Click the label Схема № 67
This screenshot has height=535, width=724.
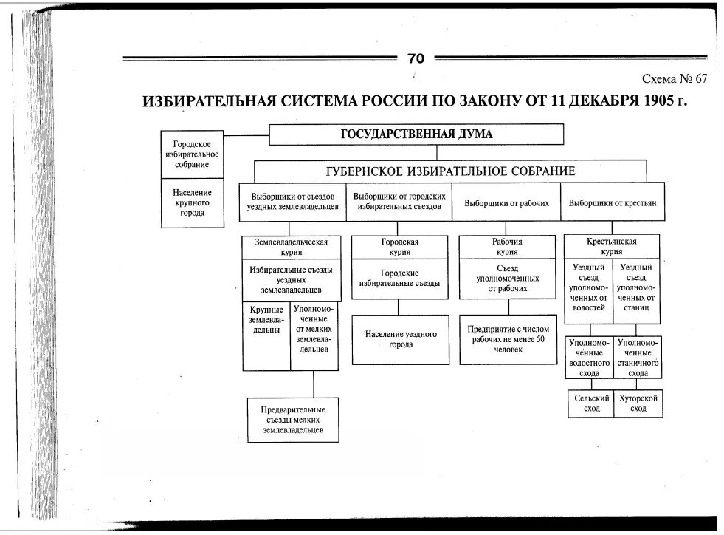(675, 79)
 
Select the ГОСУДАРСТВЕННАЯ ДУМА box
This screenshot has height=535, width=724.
(416, 134)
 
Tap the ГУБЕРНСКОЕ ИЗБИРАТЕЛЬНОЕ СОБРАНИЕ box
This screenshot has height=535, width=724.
(450, 171)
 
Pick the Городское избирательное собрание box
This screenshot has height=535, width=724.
(191, 154)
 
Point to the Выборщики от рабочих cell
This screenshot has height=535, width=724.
(506, 202)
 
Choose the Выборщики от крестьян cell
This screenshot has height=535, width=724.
(607, 202)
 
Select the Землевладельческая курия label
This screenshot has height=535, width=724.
(291, 247)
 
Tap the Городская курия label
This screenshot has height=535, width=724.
(399, 247)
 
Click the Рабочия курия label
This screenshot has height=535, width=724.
(507, 247)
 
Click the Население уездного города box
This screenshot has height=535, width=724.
(400, 339)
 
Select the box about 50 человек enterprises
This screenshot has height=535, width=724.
(507, 339)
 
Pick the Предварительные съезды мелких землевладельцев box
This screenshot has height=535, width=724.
(293, 420)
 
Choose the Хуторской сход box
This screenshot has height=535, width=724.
(638, 403)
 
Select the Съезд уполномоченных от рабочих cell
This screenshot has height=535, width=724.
(507, 279)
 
